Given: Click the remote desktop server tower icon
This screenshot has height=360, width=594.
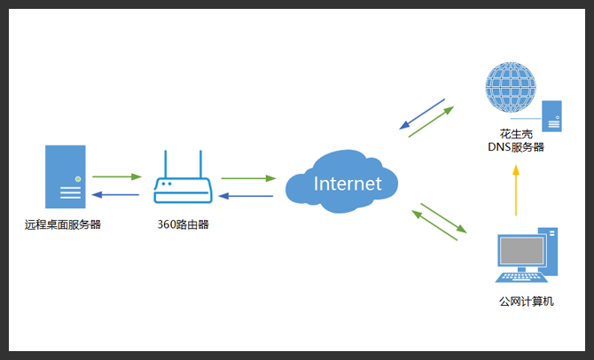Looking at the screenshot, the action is click(65, 176).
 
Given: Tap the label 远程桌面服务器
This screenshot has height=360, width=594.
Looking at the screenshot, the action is click(63, 224).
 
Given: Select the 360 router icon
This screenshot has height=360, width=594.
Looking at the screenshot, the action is click(183, 176).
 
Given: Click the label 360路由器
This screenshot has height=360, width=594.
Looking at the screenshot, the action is click(183, 224).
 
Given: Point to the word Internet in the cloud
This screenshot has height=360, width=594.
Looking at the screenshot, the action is click(348, 184).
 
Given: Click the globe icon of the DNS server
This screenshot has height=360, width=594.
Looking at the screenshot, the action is click(511, 87).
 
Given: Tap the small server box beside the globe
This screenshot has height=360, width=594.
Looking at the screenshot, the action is click(551, 116).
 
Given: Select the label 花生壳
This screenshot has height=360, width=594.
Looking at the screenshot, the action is click(516, 134).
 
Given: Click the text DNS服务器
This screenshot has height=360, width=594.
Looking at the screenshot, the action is click(516, 147).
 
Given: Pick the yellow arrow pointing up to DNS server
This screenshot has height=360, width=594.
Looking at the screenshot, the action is click(516, 191).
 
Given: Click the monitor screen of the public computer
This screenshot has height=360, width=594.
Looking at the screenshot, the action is click(521, 251).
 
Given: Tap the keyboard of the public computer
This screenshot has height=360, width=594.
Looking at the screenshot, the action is click(521, 278).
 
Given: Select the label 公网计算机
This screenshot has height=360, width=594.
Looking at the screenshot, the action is click(527, 301).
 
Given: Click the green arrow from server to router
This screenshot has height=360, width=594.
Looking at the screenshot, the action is click(117, 176).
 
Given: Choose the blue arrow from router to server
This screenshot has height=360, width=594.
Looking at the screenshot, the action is click(115, 195).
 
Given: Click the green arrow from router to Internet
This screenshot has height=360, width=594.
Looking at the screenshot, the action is click(248, 178).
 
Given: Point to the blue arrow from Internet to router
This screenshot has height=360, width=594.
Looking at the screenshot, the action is click(246, 196).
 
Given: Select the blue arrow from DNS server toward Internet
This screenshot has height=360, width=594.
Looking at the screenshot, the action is click(422, 114).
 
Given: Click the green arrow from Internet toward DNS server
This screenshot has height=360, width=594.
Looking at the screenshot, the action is click(431, 121).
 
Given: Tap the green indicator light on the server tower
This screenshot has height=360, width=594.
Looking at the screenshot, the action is click(78, 179).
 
